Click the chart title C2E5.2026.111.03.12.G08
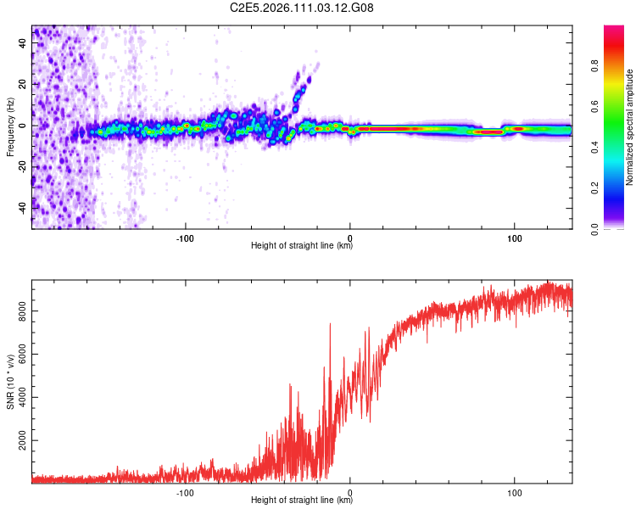click(x=302, y=8)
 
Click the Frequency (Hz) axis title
click(x=10, y=127)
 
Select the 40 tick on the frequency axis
click(x=24, y=44)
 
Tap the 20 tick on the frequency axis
click(x=24, y=85)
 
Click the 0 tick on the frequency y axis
click(x=24, y=126)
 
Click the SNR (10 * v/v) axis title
click(x=10, y=382)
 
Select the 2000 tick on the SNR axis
click(x=18, y=442)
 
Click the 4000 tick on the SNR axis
click(x=18, y=399)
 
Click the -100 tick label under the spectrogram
click(x=186, y=237)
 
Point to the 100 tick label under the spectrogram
click(x=514, y=237)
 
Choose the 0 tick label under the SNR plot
click(x=350, y=491)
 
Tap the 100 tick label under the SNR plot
click(x=514, y=491)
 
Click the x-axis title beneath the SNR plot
click(x=302, y=501)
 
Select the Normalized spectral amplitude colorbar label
click(x=629, y=127)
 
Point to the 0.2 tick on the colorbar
click(x=620, y=188)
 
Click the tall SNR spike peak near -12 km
click(x=330, y=324)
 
